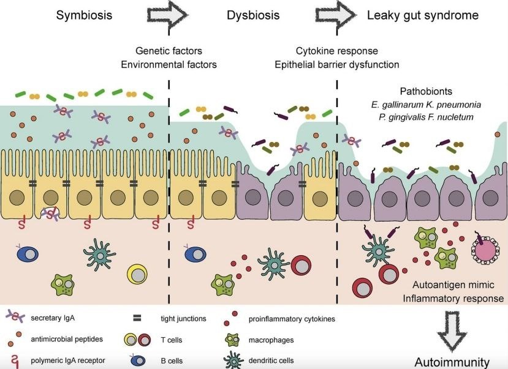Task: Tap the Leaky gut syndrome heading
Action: click(423, 15)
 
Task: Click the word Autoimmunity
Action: click(452, 361)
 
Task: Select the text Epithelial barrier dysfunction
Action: click(347, 64)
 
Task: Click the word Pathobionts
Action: click(425, 91)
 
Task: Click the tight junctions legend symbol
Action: click(137, 318)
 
